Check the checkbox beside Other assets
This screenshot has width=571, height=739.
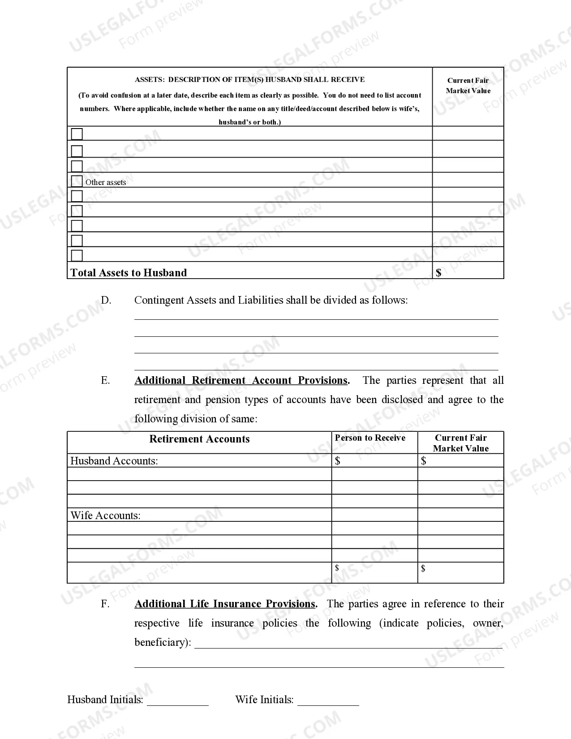[x=77, y=181]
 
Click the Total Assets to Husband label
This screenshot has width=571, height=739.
[x=129, y=273]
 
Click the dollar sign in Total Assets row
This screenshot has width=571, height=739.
[x=438, y=273]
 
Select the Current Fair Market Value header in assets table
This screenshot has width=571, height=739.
[x=468, y=86]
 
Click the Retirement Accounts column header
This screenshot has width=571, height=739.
[x=199, y=439]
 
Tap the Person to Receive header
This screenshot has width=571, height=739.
[x=370, y=438]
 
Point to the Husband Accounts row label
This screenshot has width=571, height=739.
[x=114, y=461]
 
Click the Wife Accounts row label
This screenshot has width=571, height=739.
[x=105, y=516]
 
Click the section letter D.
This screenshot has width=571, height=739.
[x=106, y=300]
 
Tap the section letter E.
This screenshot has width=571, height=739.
[x=105, y=381]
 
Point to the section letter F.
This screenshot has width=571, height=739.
[x=105, y=604]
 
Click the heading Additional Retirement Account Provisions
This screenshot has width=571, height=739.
[x=241, y=381]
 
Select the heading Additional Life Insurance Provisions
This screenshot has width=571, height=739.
[x=225, y=604]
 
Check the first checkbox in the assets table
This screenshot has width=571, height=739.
[x=77, y=134]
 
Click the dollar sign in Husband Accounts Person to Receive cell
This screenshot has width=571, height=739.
[x=338, y=461]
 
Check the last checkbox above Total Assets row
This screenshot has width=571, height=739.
[x=77, y=255]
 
